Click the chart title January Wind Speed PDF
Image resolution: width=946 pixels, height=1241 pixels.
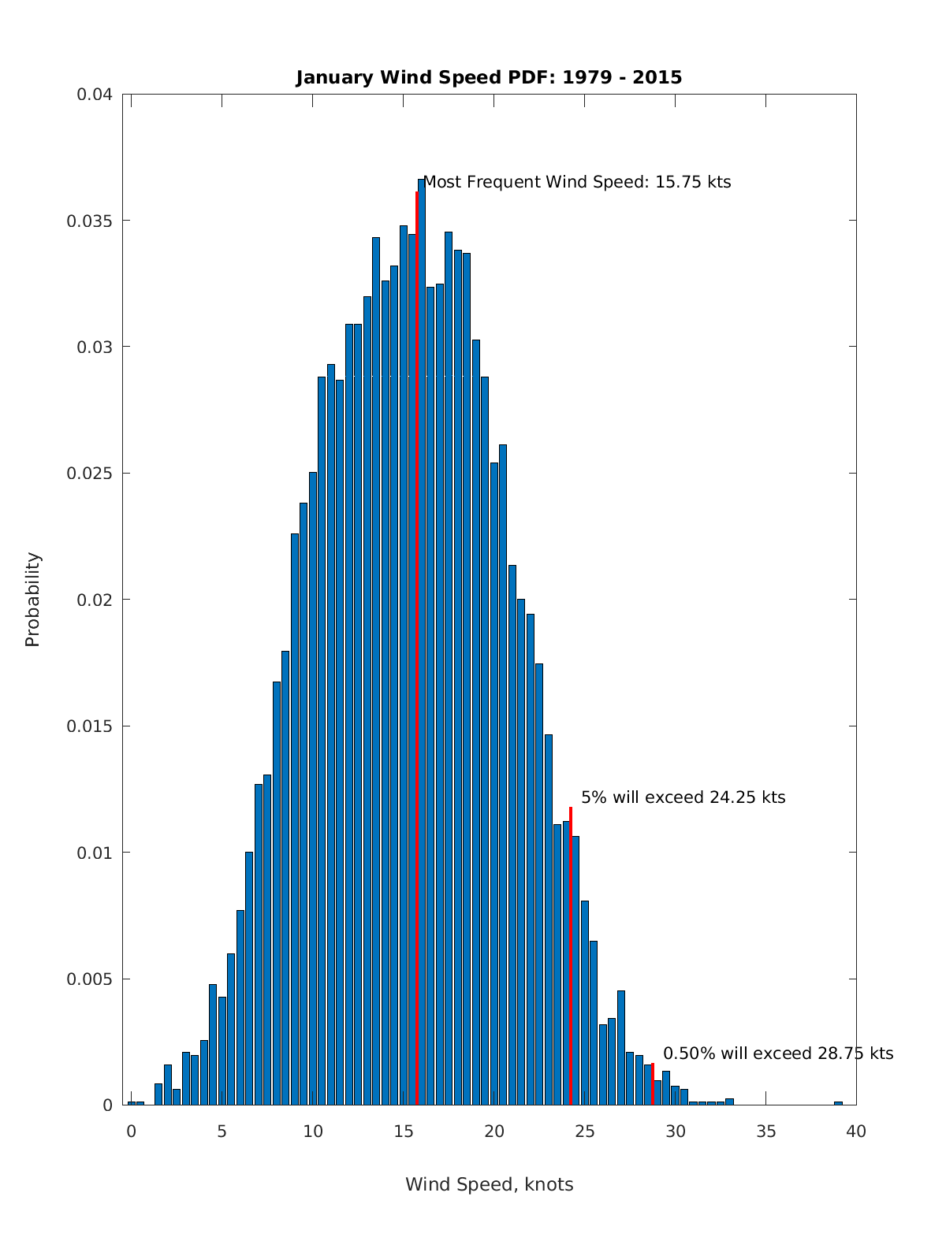489,77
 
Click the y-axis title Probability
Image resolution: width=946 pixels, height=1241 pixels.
32,600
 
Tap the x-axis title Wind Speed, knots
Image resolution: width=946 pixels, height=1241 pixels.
489,1184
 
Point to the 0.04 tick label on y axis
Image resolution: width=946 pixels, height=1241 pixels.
94,95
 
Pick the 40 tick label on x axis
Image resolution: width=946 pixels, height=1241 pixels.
856,1132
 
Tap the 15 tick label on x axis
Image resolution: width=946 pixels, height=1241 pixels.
404,1132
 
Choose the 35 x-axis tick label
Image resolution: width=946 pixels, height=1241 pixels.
765,1132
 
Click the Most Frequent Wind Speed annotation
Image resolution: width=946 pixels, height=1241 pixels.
577,182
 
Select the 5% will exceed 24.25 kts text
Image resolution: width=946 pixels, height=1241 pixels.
683,797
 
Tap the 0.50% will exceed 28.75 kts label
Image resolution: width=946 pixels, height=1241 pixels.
777,1053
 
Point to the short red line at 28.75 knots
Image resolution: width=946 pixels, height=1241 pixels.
653,1084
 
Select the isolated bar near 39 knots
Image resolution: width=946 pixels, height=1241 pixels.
838,1103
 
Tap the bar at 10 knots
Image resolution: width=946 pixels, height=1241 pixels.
313,788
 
